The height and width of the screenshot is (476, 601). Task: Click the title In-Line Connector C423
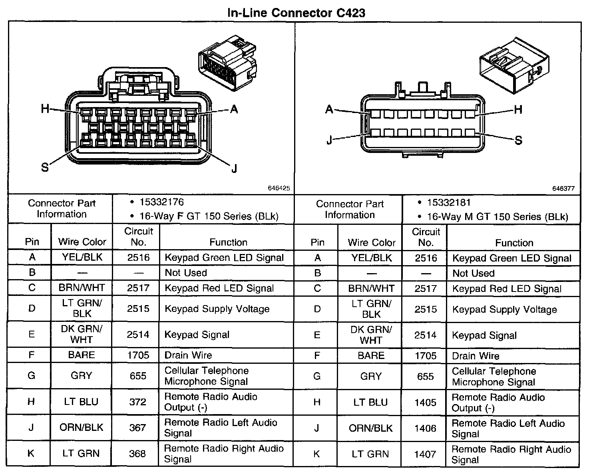[x=296, y=13]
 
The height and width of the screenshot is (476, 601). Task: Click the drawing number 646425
[x=279, y=188]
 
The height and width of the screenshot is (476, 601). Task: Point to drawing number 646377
[x=563, y=188]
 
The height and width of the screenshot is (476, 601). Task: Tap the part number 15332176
[x=161, y=202]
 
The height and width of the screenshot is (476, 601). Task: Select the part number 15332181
[x=449, y=203]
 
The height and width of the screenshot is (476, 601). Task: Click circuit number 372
[x=137, y=402]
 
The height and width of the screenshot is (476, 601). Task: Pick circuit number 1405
[x=425, y=403]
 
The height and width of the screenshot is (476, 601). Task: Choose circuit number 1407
[x=425, y=454]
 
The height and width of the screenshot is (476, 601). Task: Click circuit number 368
[x=137, y=454]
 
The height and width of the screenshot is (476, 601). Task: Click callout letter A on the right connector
[x=329, y=109]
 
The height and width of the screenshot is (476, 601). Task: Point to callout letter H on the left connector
[x=45, y=108]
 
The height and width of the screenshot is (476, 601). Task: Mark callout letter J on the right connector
[x=329, y=141]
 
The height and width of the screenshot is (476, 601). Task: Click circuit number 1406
[x=425, y=428]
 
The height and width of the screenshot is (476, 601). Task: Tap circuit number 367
[x=137, y=428]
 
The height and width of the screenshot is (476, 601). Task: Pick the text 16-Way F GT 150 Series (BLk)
[x=209, y=216]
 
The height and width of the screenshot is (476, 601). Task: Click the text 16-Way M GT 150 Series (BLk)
[x=497, y=217]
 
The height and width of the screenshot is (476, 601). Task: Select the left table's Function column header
[x=228, y=242]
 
